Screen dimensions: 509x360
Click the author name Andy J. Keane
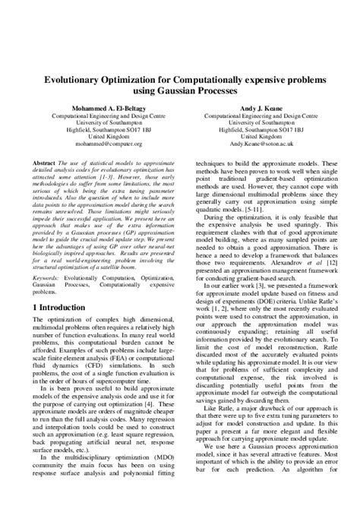pos(255,108)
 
